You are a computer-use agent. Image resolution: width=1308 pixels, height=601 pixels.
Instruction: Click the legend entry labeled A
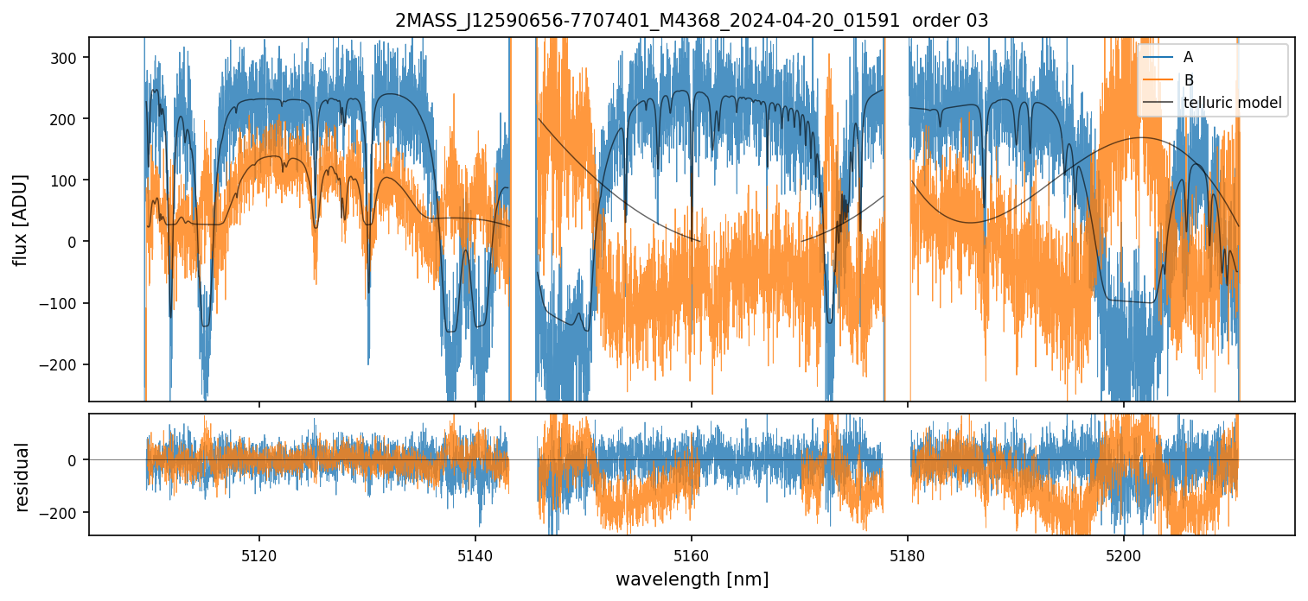coord(1188,57)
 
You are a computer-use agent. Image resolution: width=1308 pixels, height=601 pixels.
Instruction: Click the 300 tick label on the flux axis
coord(67,57)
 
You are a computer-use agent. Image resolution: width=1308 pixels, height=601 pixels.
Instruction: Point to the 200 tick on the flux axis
coord(67,118)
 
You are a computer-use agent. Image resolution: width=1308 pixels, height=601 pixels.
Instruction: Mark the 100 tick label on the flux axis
coord(67,180)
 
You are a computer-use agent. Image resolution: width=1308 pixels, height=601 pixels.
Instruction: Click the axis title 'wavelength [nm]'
coord(692,579)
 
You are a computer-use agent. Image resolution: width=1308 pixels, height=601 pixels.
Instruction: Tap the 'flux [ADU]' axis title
coord(20,219)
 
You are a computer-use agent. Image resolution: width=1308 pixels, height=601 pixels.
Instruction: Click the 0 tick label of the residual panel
coord(76,460)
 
